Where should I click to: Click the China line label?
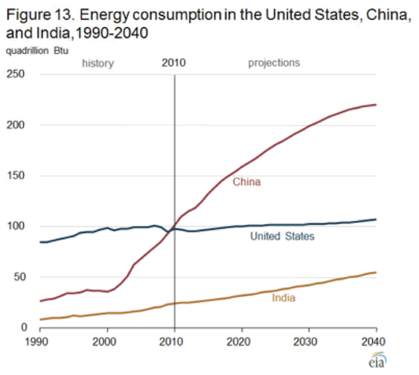(x=246, y=183)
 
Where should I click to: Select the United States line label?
(x=282, y=236)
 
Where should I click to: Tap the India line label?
(x=283, y=298)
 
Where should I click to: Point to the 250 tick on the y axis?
(x=17, y=74)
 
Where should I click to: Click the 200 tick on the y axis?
(x=17, y=125)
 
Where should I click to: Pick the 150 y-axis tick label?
(x=17, y=175)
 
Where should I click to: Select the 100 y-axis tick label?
(x=17, y=226)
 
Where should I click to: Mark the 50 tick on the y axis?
(x=20, y=276)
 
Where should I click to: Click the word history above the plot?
(x=98, y=63)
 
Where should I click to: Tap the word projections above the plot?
(x=274, y=63)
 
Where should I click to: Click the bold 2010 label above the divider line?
(x=173, y=63)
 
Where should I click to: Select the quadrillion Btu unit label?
(x=33, y=50)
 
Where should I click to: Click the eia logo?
(x=376, y=361)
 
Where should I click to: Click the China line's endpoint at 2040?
(x=376, y=105)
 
